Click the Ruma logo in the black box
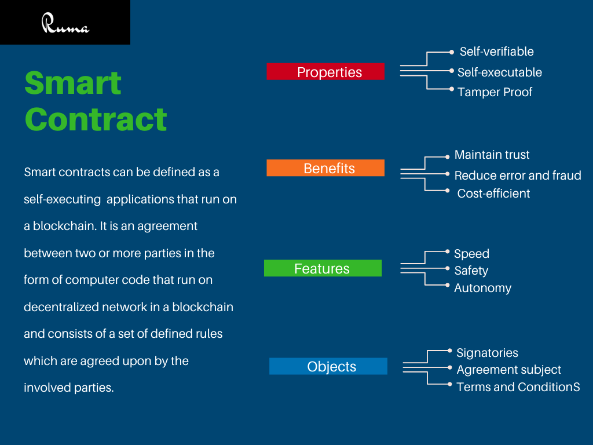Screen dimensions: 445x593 pyautogui.click(x=65, y=24)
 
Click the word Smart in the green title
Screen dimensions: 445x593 pyautogui.click(x=73, y=83)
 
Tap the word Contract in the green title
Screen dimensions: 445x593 pyautogui.click(x=96, y=119)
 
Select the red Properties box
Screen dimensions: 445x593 pyautogui.click(x=325, y=72)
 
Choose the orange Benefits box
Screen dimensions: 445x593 pyautogui.click(x=325, y=168)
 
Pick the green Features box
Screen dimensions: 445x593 pyautogui.click(x=323, y=268)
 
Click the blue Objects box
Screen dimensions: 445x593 pyautogui.click(x=328, y=366)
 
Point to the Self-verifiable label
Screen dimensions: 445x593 pyautogui.click(x=496, y=52)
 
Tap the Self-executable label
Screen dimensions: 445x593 pyautogui.click(x=499, y=72)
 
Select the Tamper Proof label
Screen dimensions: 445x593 pyautogui.click(x=495, y=92)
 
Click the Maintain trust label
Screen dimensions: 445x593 pyautogui.click(x=492, y=155)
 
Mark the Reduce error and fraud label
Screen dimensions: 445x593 pyautogui.click(x=517, y=176)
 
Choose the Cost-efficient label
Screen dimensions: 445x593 pyautogui.click(x=493, y=194)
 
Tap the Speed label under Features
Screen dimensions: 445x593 pyautogui.click(x=471, y=254)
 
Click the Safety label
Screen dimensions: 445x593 pyautogui.click(x=471, y=271)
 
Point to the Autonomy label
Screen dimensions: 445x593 pyautogui.click(x=482, y=288)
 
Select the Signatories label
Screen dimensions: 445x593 pyautogui.click(x=487, y=353)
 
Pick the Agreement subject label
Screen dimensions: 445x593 pyautogui.click(x=508, y=370)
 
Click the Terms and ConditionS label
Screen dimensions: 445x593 pyautogui.click(x=518, y=387)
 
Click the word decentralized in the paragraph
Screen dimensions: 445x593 pyautogui.click(x=61, y=307)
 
